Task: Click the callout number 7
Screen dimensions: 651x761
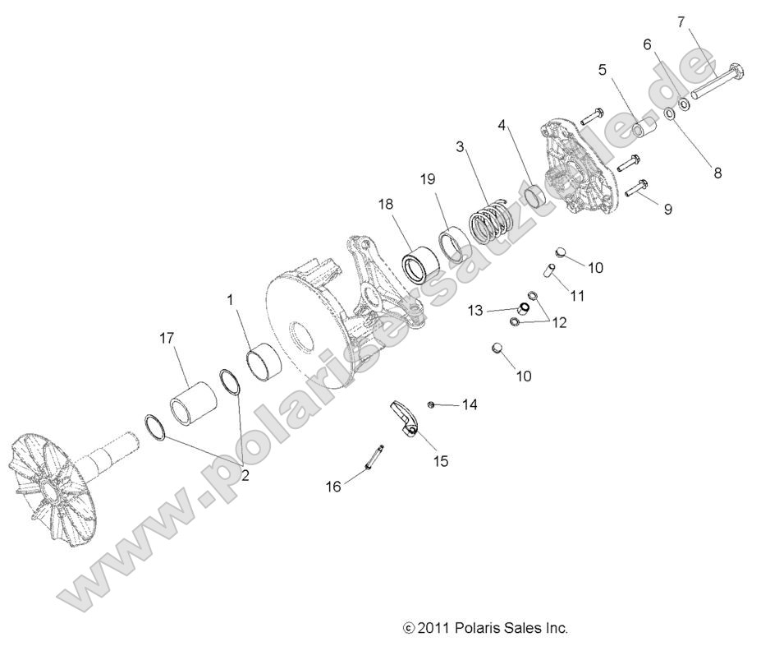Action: click(x=681, y=21)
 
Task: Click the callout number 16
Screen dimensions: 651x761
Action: click(x=333, y=487)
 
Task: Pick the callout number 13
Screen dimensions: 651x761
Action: click(x=476, y=310)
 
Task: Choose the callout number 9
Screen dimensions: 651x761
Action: click(x=667, y=209)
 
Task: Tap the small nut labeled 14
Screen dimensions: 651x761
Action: click(x=431, y=404)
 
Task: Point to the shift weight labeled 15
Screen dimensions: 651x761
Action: click(x=405, y=417)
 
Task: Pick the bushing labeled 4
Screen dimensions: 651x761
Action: click(x=536, y=196)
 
